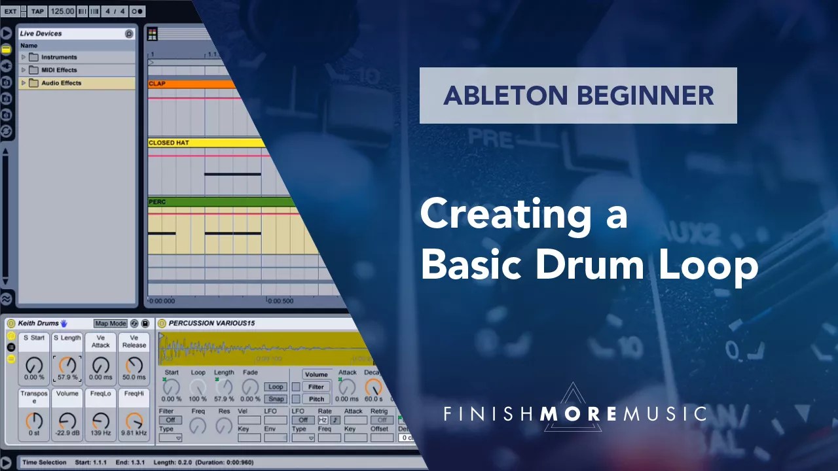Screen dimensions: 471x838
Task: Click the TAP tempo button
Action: pyautogui.click(x=37, y=11)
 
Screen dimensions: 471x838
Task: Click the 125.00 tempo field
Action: pyautogui.click(x=62, y=11)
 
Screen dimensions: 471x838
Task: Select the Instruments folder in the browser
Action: pyautogui.click(x=59, y=58)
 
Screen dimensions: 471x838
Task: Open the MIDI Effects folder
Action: pyautogui.click(x=59, y=70)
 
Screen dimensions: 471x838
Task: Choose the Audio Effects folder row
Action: pyautogui.click(x=62, y=83)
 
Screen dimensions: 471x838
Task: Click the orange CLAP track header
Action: pyautogui.click(x=190, y=84)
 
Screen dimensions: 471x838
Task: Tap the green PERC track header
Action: pyautogui.click(x=216, y=201)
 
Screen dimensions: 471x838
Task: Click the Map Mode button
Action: pyautogui.click(x=110, y=324)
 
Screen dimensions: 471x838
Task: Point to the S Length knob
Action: pyautogui.click(x=67, y=365)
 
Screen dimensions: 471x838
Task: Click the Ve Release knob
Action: pyautogui.click(x=134, y=365)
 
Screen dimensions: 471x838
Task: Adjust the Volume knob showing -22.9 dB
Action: pyautogui.click(x=67, y=421)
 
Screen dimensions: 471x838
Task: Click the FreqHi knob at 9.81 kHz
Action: pyautogui.click(x=134, y=421)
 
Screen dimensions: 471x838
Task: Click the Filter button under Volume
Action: pyautogui.click(x=316, y=387)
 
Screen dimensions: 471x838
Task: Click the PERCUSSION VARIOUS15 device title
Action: pyautogui.click(x=211, y=323)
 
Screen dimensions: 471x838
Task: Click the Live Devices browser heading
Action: pyautogui.click(x=41, y=33)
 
